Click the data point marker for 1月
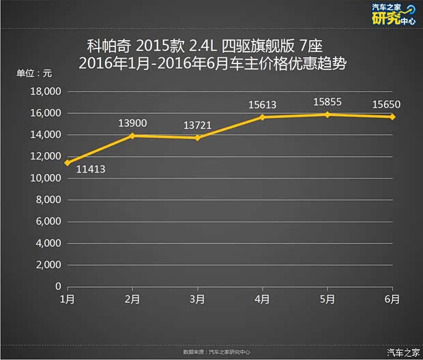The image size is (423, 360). pos(67,162)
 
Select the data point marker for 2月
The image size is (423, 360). pos(133,136)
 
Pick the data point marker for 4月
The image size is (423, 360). pos(263,117)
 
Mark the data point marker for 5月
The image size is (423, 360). pos(328,115)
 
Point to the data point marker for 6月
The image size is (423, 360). pos(393,117)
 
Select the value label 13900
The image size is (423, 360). pos(132,123)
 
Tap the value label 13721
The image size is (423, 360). pos(198,125)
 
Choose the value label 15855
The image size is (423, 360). pos(327,102)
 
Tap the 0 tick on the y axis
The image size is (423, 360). pos(59,286)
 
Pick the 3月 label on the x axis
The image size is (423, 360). pos(198,299)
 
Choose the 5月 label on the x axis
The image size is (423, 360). pos(328,299)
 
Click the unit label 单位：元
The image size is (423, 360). pos(34,73)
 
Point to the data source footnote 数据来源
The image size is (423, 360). pos(216,352)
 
